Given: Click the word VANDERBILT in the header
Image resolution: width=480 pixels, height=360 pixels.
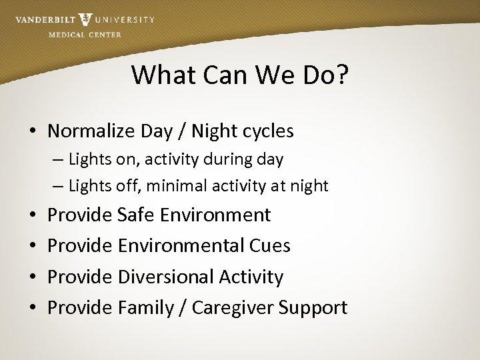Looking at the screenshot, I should pyautogui.click(x=45, y=20).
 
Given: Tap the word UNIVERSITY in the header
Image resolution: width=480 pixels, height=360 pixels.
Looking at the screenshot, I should pyautogui.click(x=125, y=20).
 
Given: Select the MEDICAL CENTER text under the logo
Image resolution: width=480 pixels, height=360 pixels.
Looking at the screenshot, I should pyautogui.click(x=85, y=35).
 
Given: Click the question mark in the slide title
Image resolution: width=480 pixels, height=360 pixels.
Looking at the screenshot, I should pyautogui.click(x=341, y=75).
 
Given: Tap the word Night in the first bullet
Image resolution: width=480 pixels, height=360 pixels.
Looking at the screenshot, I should pyautogui.click(x=217, y=131).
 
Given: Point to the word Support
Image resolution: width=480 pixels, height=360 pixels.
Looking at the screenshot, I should pyautogui.click(x=313, y=308).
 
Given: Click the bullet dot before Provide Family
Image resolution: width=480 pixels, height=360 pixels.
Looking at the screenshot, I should pyautogui.click(x=33, y=308).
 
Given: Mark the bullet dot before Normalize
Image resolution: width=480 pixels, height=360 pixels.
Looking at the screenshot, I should pyautogui.click(x=33, y=132).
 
